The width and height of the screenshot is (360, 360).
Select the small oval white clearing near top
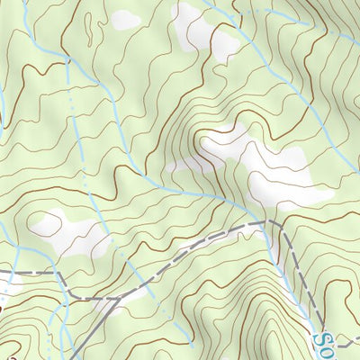pos(125,18)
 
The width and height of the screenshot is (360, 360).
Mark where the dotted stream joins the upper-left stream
pos(70,60)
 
